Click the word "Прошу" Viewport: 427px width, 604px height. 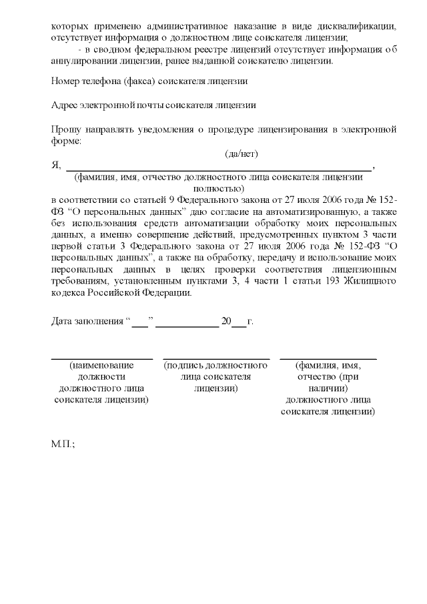pos(65,129)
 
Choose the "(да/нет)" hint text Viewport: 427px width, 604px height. pos(242,154)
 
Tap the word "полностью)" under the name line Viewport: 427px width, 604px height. pos(219,188)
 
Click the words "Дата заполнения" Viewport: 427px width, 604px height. pos(86,322)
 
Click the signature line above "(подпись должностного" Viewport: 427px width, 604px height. pos(216,359)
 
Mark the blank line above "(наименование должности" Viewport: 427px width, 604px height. pos(102,359)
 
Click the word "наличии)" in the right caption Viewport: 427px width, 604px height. pos(328,388)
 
